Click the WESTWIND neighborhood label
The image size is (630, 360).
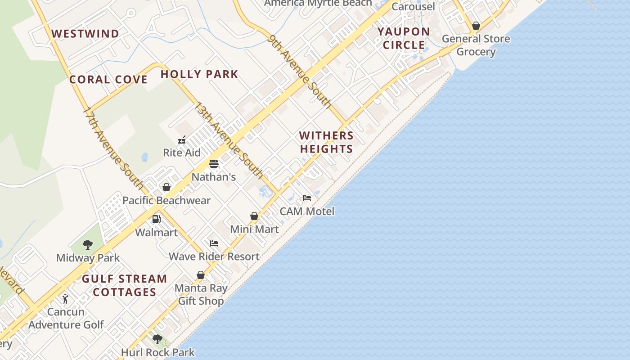tap(85, 34)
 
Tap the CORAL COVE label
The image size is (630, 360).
tap(108, 80)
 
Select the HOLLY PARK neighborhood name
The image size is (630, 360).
tap(199, 74)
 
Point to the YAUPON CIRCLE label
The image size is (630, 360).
tap(404, 38)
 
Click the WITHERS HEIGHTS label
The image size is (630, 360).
tap(326, 142)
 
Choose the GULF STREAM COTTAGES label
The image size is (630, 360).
tap(124, 285)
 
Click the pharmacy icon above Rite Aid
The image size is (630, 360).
tap(182, 140)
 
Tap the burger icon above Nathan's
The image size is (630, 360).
tap(214, 164)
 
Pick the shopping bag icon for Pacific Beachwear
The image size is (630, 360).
tap(166, 187)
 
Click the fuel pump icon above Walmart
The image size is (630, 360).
tap(157, 219)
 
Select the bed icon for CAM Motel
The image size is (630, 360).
tap(307, 198)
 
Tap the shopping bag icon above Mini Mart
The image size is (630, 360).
tap(254, 216)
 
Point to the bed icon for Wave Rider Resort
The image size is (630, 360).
tap(214, 243)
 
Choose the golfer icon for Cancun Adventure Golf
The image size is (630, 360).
tap(66, 299)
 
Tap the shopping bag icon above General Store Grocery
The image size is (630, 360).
tap(476, 26)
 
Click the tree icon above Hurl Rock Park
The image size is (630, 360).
tap(157, 339)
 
